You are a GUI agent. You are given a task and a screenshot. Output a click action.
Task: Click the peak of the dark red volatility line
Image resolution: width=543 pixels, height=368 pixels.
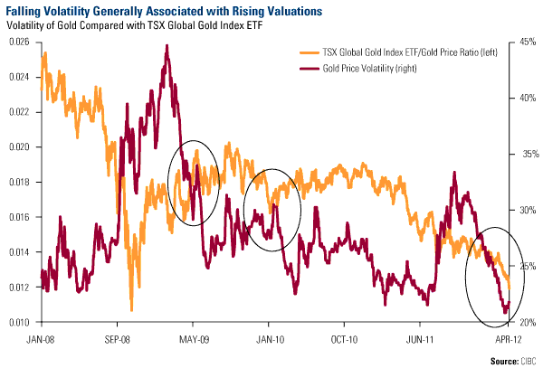[x=167, y=45]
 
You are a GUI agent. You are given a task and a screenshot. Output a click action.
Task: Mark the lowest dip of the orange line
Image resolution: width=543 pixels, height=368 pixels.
[x=132, y=310]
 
